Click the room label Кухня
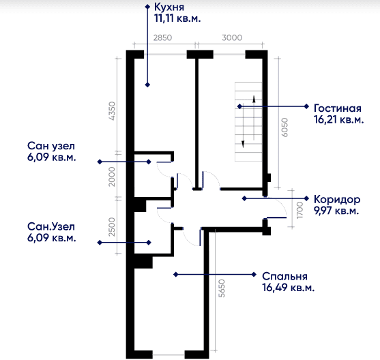169,7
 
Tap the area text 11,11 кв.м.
177,18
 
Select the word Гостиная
338,108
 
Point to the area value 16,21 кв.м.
339,120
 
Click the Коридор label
337,200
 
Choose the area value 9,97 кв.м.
336,211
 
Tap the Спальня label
284,276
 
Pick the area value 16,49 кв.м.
288,288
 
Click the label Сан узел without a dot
51,147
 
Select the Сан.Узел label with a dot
51,227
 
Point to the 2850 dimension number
162,37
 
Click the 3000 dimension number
232,37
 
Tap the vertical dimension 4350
113,111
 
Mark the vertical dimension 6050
285,127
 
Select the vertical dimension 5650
222,288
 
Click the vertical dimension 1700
299,210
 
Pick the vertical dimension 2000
112,177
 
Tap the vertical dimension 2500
112,227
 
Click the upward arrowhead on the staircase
254,99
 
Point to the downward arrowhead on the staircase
243,144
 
